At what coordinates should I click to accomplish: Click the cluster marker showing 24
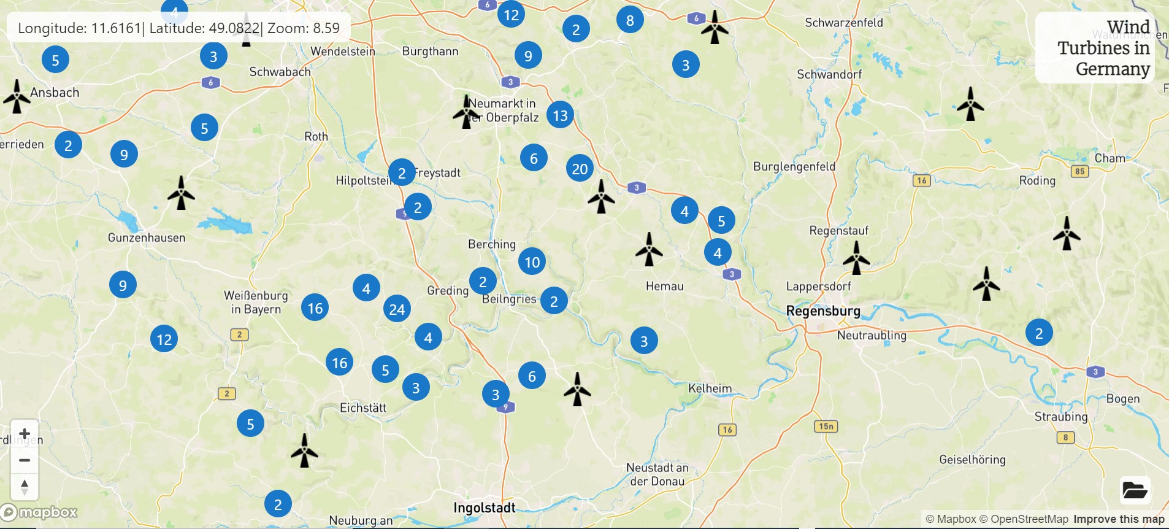(397, 309)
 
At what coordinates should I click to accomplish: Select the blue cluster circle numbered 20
(580, 169)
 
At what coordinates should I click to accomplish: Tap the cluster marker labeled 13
(560, 115)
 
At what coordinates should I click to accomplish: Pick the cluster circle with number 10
(532, 263)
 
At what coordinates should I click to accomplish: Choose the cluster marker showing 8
(630, 20)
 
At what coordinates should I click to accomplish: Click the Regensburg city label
(823, 311)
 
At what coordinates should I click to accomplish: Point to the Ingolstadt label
(484, 508)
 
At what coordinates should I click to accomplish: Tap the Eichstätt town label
(363, 407)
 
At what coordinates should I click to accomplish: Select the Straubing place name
(1060, 417)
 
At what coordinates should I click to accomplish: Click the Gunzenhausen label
(147, 237)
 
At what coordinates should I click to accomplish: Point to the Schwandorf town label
(829, 74)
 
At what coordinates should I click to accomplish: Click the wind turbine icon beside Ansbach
(17, 96)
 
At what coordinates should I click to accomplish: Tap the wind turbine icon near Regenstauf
(856, 257)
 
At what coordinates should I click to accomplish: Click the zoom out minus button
(25, 460)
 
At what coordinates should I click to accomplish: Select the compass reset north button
(25, 487)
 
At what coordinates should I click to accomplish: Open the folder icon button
(1135, 490)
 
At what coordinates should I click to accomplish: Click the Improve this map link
(1119, 519)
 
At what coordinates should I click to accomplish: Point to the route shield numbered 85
(1080, 171)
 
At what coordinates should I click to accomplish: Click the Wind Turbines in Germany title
(1103, 48)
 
